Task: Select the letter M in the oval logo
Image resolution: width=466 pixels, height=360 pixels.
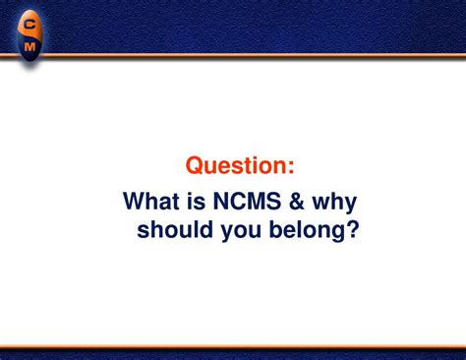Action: (30, 44)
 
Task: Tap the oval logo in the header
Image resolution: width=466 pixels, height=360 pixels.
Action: (30, 33)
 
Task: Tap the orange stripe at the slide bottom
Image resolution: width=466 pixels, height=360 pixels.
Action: (233, 346)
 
